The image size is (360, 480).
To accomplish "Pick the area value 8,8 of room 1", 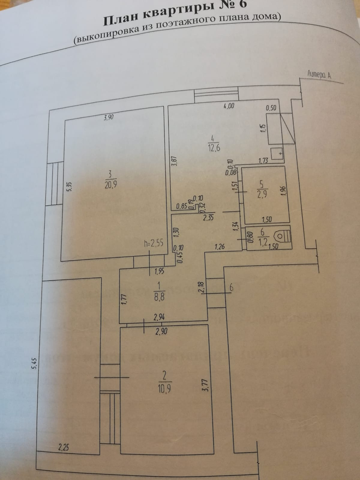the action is (159, 297).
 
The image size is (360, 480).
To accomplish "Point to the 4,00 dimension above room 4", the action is (229, 106).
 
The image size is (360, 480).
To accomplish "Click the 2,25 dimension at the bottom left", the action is (63, 448).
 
